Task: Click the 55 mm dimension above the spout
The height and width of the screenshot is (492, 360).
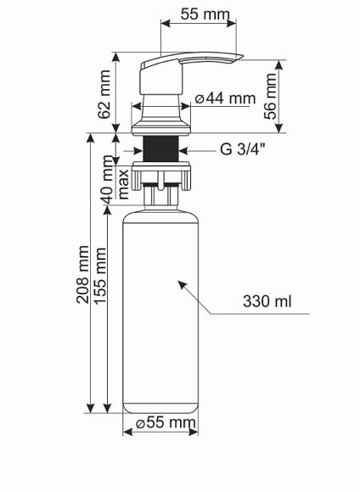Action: click(x=205, y=14)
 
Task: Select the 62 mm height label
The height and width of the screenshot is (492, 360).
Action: click(x=104, y=94)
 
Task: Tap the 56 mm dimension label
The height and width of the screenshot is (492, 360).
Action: click(x=270, y=96)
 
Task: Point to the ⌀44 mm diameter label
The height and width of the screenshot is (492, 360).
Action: click(x=225, y=98)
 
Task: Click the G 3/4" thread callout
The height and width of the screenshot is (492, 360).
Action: click(x=243, y=148)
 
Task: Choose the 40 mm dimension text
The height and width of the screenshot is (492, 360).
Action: click(x=108, y=180)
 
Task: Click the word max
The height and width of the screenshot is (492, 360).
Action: click(x=123, y=185)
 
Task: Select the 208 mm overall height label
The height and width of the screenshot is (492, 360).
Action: click(x=82, y=275)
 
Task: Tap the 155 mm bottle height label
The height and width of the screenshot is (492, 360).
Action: click(x=100, y=276)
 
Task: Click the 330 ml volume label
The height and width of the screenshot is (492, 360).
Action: click(x=267, y=301)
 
